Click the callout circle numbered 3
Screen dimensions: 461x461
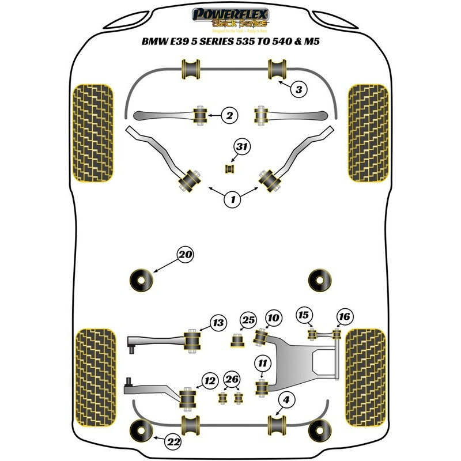(x=298, y=89)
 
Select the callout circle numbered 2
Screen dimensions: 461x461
(x=229, y=116)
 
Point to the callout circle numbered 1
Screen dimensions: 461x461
(x=233, y=200)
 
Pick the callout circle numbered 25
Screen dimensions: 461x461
(x=248, y=320)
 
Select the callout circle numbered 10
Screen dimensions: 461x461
(x=273, y=317)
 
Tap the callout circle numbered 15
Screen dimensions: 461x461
(x=304, y=315)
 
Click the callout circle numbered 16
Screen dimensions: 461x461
(x=345, y=316)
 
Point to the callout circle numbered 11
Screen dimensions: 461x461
(x=263, y=362)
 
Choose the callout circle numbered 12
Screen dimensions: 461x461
(x=210, y=380)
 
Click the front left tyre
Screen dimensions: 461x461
(x=91, y=133)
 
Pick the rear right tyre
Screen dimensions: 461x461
(x=368, y=375)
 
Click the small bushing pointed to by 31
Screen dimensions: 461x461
(x=230, y=168)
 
